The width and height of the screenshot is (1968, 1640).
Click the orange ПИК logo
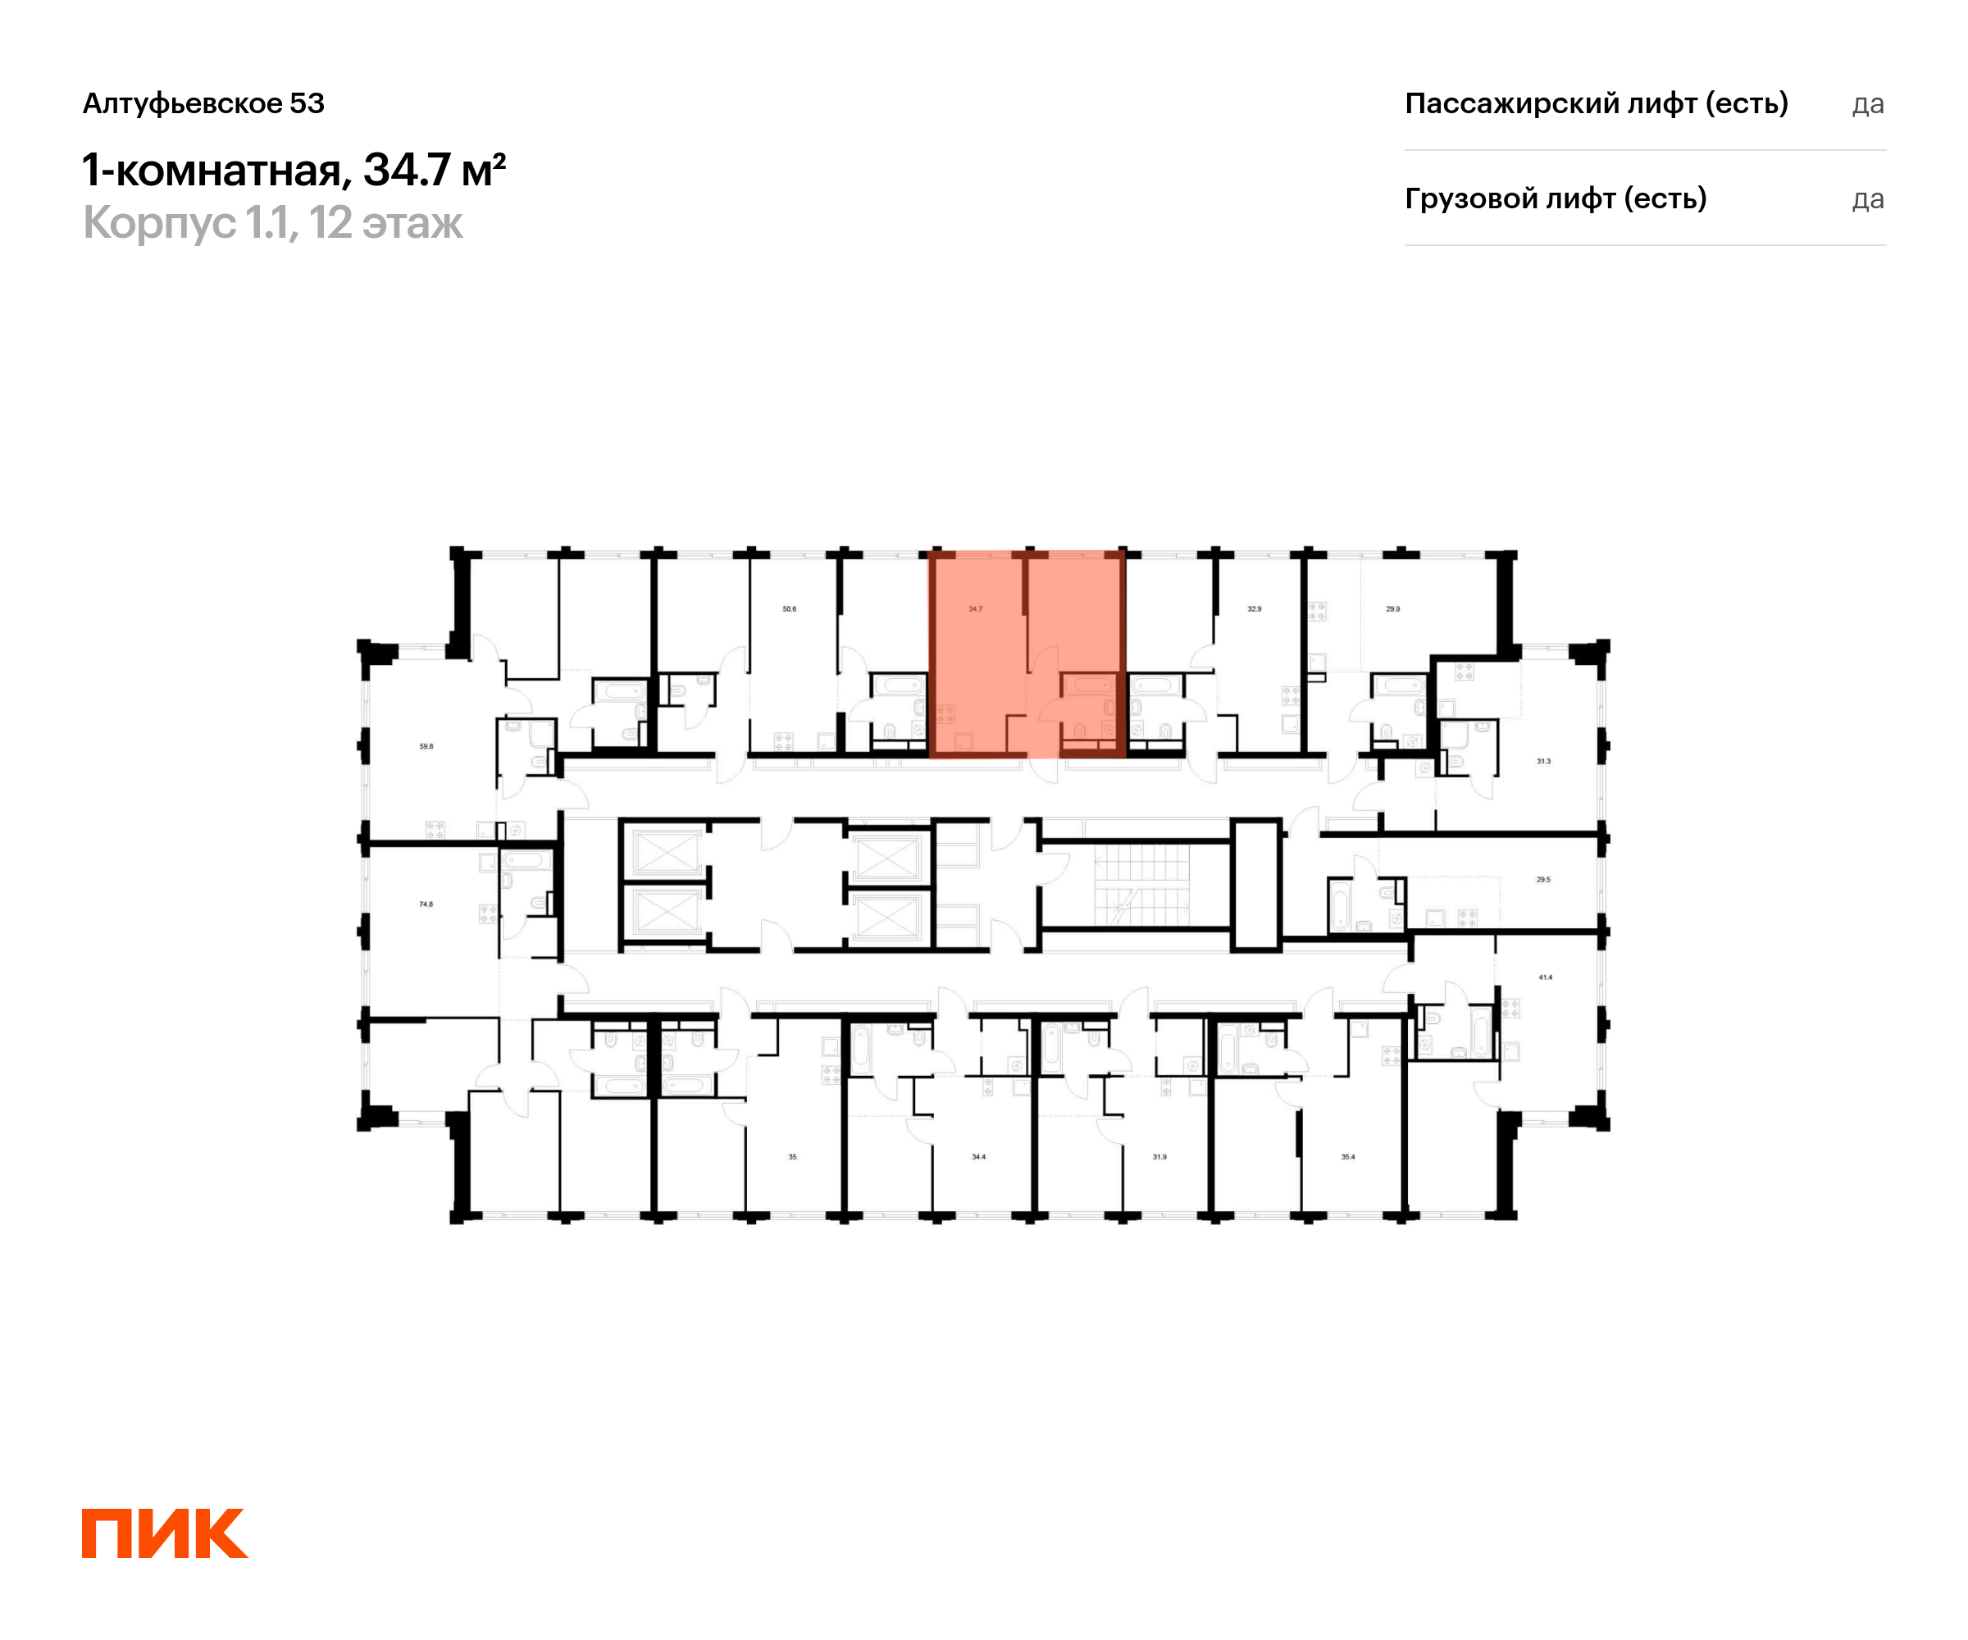(165, 1533)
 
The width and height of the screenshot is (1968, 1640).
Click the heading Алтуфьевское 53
(203, 103)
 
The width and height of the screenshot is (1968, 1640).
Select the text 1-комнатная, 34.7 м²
(294, 170)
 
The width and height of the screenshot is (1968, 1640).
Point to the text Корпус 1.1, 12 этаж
(273, 223)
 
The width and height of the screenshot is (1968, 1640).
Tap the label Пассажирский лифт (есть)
(1596, 103)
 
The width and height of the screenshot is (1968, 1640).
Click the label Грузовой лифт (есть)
(1555, 198)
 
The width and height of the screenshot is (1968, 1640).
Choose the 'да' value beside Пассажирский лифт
(1867, 104)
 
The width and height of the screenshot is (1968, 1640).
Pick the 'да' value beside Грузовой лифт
(1867, 199)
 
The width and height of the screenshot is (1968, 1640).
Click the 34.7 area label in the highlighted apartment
(976, 609)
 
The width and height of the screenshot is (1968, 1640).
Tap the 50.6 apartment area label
(789, 609)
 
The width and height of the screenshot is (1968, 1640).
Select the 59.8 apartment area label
(426, 747)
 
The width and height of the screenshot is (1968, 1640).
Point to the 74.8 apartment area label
(426, 904)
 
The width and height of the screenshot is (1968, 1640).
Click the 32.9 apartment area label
(1254, 609)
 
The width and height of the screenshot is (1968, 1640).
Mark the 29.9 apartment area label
(1392, 609)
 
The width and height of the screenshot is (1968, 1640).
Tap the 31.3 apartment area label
(1543, 762)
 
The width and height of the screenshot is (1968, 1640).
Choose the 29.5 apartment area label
(1543, 880)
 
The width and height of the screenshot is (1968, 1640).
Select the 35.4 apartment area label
(1347, 1157)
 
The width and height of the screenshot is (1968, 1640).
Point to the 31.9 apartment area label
(1159, 1157)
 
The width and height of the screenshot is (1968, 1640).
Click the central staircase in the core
(1141, 885)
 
